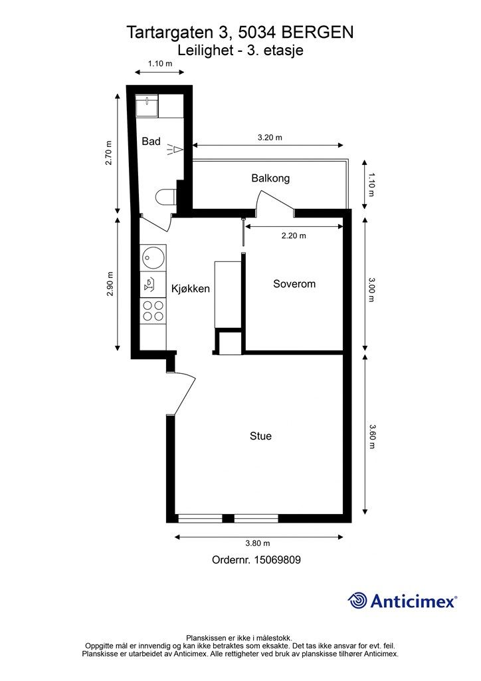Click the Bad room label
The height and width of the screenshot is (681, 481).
coord(151,141)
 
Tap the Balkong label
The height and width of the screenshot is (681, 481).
coord(270,178)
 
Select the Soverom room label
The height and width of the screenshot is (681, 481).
coord(294,283)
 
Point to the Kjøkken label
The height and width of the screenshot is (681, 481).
coord(191,289)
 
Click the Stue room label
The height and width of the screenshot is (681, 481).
coord(260,436)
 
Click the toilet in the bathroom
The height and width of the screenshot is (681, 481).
coord(165,197)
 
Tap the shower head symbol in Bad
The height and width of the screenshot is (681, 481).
coord(174,150)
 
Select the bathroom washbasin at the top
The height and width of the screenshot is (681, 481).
coord(147,106)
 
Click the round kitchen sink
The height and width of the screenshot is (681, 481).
coord(152,257)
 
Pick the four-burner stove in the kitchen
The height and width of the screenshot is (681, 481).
coord(153,311)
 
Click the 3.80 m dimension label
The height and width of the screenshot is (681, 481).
coord(258,543)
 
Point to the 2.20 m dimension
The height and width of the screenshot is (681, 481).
coord(294,236)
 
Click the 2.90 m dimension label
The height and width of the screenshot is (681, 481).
coord(110,283)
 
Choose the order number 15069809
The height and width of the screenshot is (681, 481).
coord(277,560)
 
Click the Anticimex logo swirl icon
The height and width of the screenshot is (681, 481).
coord(357,601)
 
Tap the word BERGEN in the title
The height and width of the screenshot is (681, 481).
coord(318,33)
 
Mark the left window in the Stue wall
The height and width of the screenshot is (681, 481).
coord(201,519)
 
